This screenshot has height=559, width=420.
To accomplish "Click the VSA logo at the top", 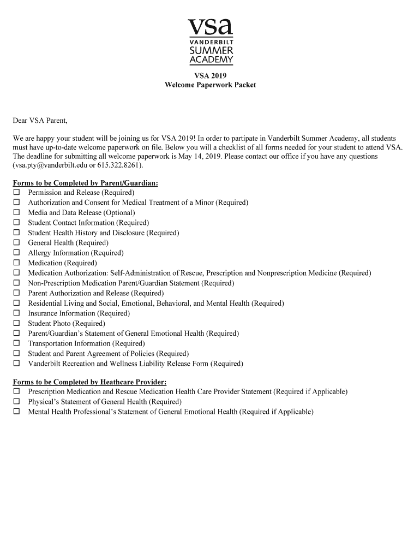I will [x=210, y=41].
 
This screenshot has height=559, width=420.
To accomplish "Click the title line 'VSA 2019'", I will [x=210, y=76].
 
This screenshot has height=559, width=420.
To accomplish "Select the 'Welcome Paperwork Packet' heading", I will [x=210, y=85].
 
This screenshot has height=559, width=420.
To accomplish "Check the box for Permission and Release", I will [x=17, y=193].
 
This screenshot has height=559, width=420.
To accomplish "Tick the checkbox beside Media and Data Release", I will [x=17, y=213].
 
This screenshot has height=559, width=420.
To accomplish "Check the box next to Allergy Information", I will [x=17, y=253].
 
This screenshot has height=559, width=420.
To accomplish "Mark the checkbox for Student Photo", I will [x=17, y=324].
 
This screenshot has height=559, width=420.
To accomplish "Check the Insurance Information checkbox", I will [x=17, y=313].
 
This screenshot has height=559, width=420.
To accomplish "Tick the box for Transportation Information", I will [x=17, y=344].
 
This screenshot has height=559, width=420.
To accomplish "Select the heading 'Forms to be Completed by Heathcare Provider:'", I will [x=90, y=382].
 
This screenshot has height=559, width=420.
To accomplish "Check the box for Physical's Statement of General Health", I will [x=17, y=402].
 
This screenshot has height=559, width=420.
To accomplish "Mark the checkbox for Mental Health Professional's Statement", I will [x=17, y=412].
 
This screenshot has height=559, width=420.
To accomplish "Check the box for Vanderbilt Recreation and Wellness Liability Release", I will [x=17, y=364].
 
